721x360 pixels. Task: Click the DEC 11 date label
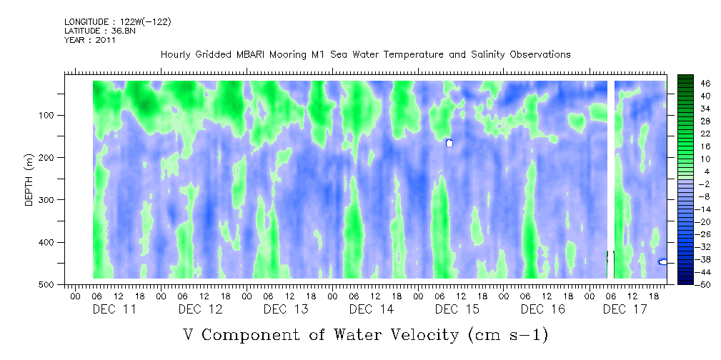point(114,309)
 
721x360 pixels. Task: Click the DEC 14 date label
point(372,309)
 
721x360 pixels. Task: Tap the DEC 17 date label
point(625,309)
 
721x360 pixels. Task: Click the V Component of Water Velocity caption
point(365,334)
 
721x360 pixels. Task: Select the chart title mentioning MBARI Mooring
point(365,54)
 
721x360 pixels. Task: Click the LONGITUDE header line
point(117,21)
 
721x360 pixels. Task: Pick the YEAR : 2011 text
point(90,40)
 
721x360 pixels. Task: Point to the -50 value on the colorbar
point(706,284)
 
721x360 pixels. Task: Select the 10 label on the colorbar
point(705,159)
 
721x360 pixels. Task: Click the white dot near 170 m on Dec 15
point(449,143)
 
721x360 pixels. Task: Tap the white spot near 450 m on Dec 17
point(663,262)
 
